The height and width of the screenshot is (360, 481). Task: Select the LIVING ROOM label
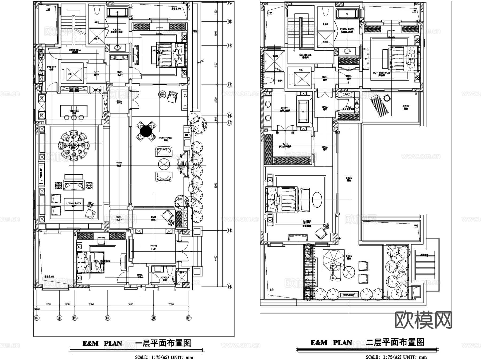[74, 204]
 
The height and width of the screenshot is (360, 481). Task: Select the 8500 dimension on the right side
[216, 185]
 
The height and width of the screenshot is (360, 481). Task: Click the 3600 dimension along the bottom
[130, 304]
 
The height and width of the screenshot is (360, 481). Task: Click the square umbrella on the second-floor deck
[333, 257]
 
